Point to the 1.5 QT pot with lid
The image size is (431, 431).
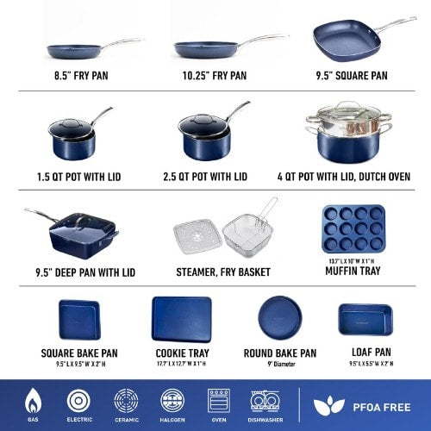(x=71, y=136)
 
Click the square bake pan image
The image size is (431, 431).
(x=79, y=321)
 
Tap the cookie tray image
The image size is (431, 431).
(x=181, y=320)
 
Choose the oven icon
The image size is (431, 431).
(x=218, y=401)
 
